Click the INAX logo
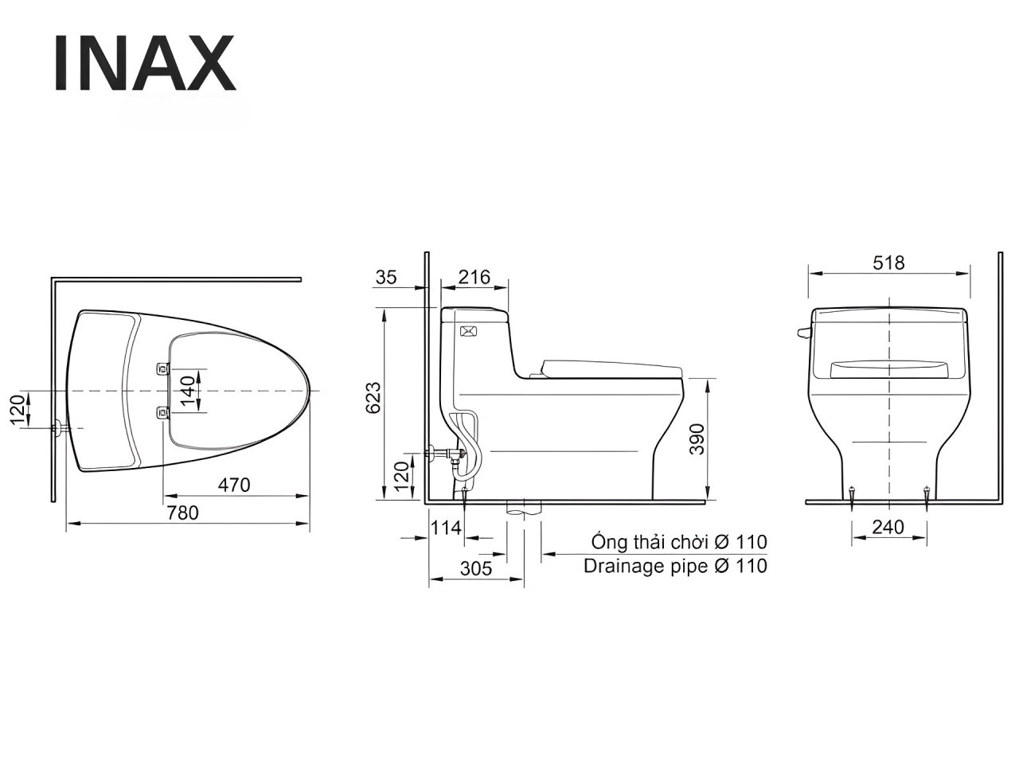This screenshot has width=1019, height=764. click(146, 63)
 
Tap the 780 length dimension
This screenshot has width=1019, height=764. click(182, 513)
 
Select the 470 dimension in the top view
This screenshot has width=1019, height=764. click(234, 485)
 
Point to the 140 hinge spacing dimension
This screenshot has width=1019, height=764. click(188, 391)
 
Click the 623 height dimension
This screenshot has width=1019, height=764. click(373, 398)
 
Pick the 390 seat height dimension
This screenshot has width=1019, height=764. click(697, 439)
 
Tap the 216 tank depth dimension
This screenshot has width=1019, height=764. click(474, 278)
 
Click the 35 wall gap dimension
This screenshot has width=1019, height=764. click(386, 278)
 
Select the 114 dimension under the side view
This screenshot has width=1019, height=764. click(446, 528)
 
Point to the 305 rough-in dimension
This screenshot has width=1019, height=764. click(476, 568)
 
